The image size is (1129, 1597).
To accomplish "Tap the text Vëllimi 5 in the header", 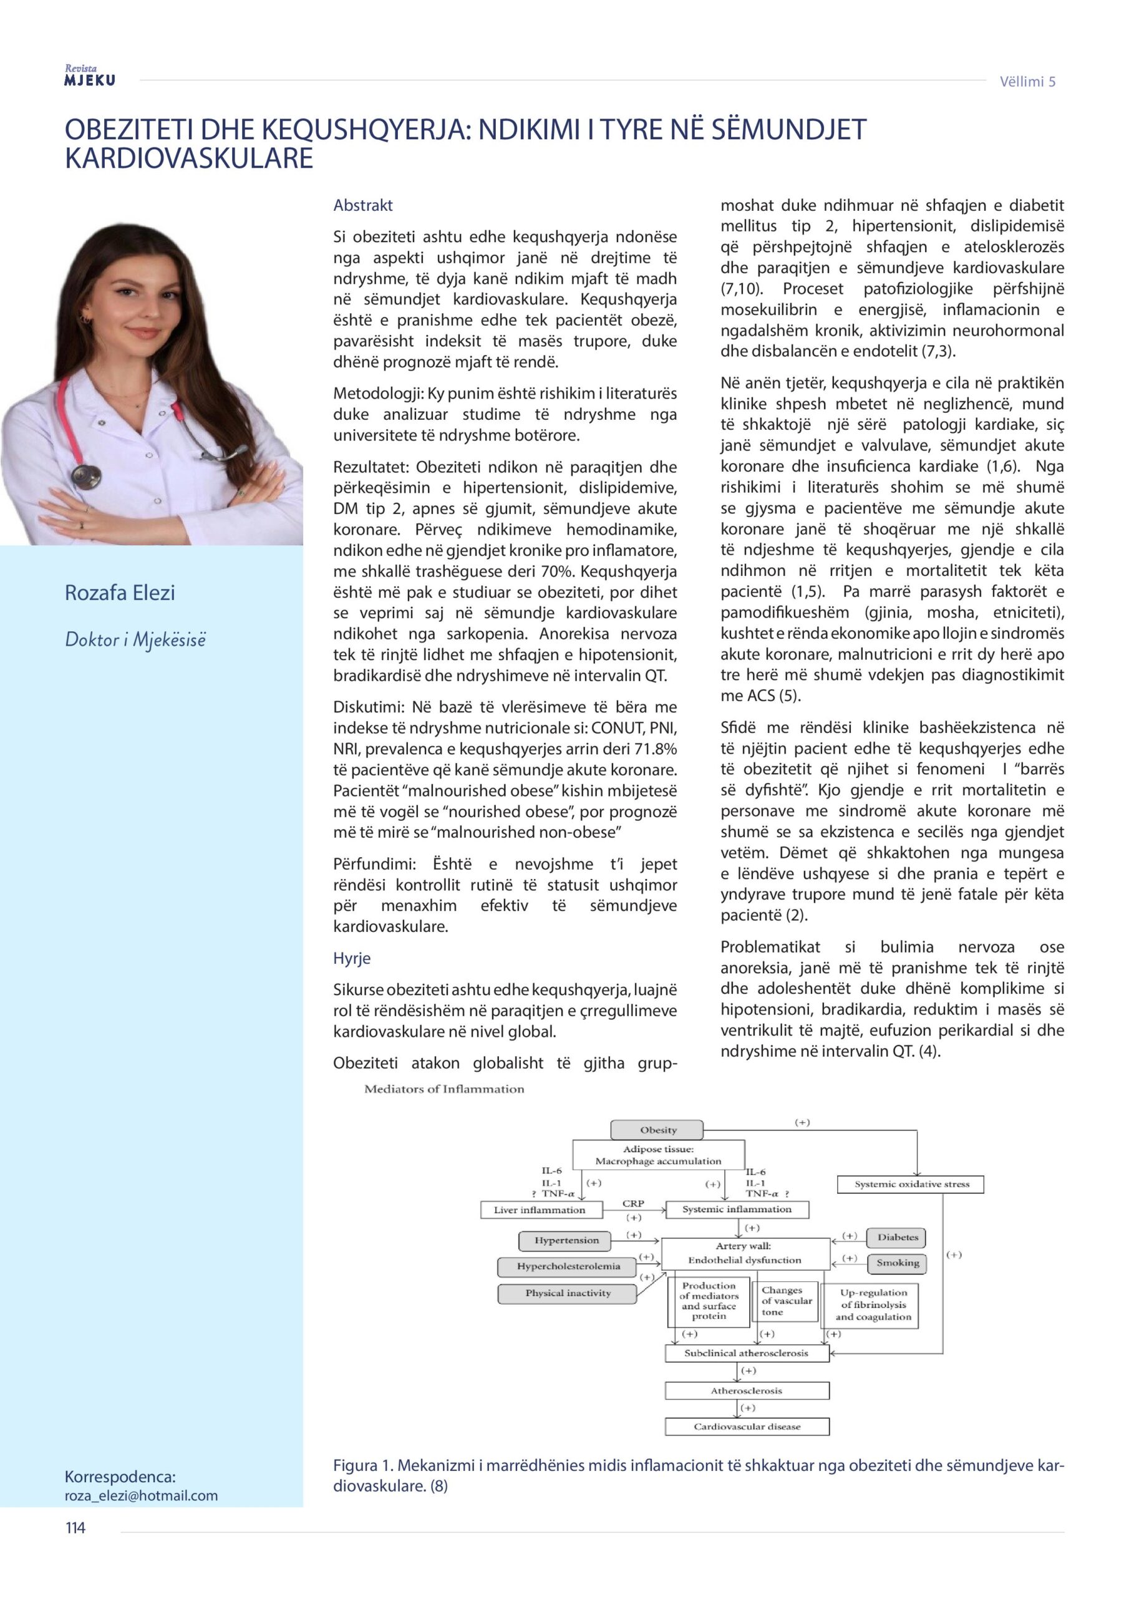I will click(1027, 81).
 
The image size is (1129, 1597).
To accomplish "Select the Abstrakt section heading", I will click(362, 205).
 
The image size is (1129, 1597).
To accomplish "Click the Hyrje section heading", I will click(351, 958).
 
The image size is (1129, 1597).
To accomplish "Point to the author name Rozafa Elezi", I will click(120, 593).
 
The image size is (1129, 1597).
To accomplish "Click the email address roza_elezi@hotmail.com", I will click(141, 1495).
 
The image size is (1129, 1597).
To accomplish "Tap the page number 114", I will click(75, 1528).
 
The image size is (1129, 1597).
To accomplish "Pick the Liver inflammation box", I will click(540, 1210).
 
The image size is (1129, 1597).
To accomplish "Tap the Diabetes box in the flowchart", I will click(898, 1238).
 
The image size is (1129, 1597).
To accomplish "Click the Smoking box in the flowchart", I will click(898, 1263).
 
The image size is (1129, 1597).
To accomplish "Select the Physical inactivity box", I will click(568, 1293).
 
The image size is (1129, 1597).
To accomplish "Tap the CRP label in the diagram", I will click(633, 1203).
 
